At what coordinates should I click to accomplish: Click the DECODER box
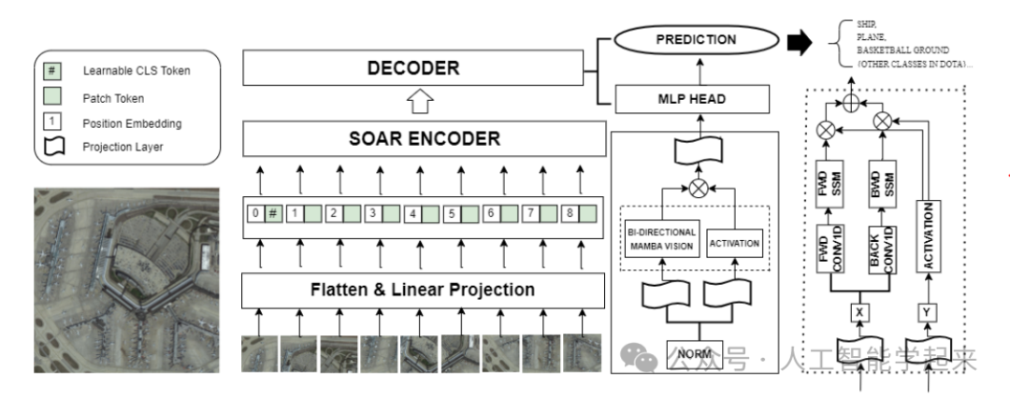coord(413,68)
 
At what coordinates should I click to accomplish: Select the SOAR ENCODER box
coord(424,138)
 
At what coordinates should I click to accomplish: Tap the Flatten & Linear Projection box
coord(423,291)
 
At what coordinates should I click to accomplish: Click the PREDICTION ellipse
coord(697,40)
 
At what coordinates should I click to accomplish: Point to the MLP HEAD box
coord(692,99)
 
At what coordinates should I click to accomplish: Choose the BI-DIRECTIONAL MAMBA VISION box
coord(661,239)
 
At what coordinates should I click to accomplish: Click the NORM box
coord(694,354)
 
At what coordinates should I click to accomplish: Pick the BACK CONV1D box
coord(882,249)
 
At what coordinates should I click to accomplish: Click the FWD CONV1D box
coord(829,249)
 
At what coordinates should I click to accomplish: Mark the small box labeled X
coord(860,313)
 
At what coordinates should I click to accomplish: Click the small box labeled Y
coord(927,313)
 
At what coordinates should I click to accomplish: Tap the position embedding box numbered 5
coord(453,214)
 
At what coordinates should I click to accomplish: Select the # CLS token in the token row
coord(273,213)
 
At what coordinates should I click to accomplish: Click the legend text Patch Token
coord(113,98)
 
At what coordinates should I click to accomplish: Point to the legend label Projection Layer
coord(123,147)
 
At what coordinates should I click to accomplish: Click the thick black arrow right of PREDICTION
coord(800,42)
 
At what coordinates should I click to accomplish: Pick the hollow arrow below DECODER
coord(418,103)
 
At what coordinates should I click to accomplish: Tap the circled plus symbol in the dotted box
coord(852,103)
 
